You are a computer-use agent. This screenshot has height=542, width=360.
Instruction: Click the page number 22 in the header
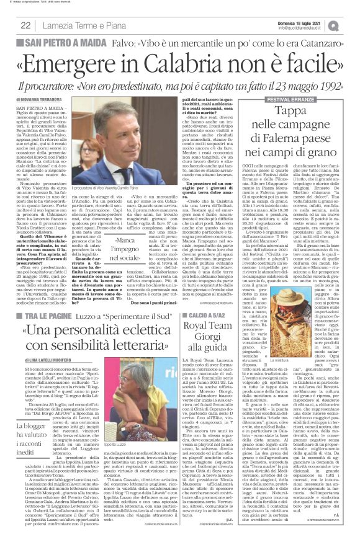[x=25, y=25]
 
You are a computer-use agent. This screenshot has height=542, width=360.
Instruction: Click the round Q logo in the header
[x=350, y=24]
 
